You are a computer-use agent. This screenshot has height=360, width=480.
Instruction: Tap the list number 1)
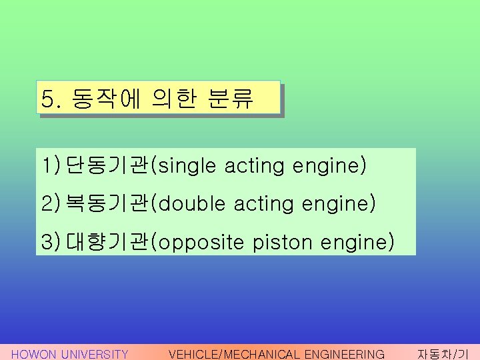coord(51,166)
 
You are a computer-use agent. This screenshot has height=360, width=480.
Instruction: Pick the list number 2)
coord(51,203)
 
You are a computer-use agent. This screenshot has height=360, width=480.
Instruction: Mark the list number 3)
coord(51,241)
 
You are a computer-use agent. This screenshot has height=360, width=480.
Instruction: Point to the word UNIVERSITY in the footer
coord(94,354)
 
